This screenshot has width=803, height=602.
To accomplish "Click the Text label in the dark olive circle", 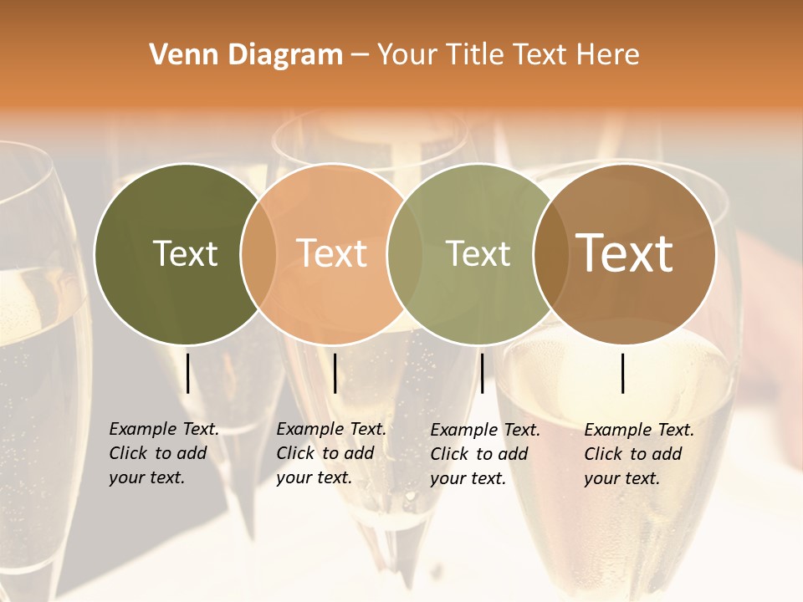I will (x=185, y=253).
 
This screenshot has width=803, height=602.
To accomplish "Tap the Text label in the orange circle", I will (x=332, y=253).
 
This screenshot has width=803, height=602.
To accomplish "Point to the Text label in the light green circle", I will (x=478, y=253).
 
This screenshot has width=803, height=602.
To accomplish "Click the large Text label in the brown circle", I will (x=625, y=253).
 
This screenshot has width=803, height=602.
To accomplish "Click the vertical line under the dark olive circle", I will (x=187, y=373).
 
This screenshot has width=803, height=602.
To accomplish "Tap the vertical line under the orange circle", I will (x=335, y=373).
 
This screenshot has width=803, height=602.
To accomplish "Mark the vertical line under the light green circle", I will (x=482, y=373).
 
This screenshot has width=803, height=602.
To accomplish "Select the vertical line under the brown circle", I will (x=623, y=373).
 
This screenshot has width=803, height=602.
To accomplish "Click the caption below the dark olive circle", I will (x=163, y=453).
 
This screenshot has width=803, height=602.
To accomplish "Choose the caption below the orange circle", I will (x=330, y=453).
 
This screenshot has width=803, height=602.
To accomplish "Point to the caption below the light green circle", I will (x=484, y=454).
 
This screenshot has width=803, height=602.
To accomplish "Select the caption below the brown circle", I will (x=638, y=454).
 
